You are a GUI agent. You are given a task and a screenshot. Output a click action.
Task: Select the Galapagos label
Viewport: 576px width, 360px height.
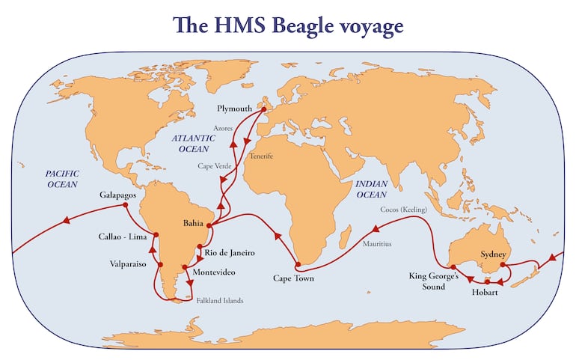point(118,195)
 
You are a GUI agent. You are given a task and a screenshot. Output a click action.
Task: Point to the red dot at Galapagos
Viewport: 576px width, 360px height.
point(126,205)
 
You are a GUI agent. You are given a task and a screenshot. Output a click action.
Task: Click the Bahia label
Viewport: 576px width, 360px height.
point(194,223)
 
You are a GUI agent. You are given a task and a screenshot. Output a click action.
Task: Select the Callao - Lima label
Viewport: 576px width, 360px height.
point(122,237)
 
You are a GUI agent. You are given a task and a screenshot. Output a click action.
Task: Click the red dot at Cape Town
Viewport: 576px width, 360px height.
point(298,264)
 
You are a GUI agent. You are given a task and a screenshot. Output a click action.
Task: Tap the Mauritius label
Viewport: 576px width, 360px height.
point(376,244)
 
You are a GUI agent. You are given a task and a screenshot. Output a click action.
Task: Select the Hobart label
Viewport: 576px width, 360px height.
point(485,293)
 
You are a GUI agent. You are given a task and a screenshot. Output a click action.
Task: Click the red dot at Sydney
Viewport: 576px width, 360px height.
point(503,264)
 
